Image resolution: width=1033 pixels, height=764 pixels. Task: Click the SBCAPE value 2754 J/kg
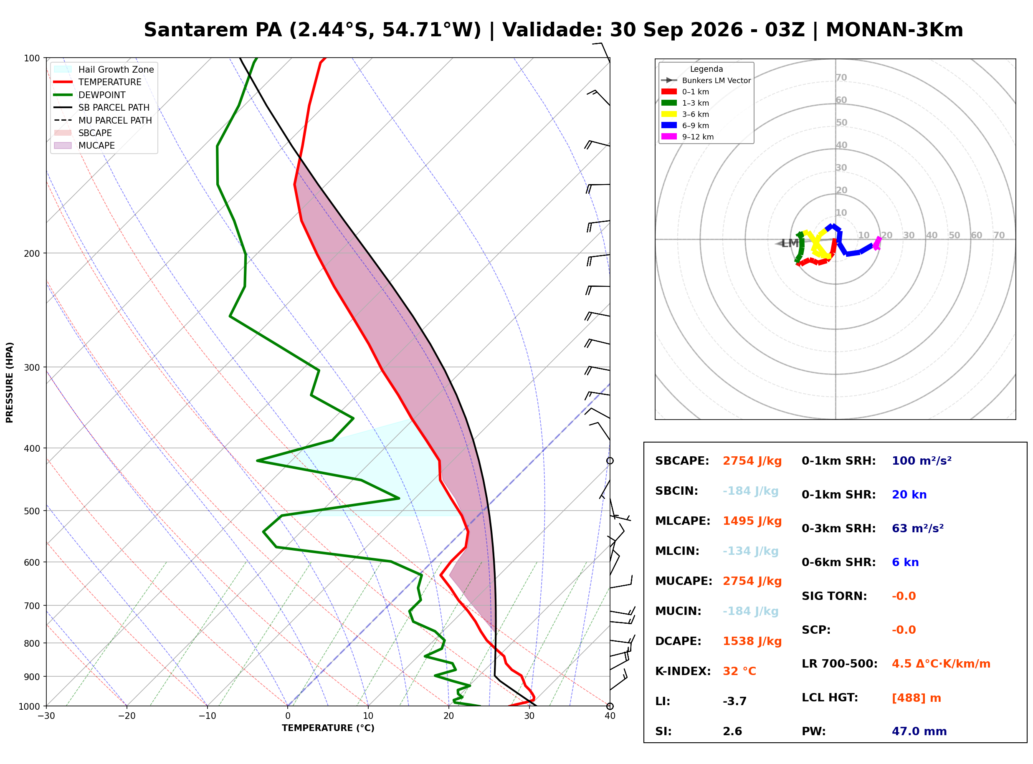pyautogui.click(x=752, y=461)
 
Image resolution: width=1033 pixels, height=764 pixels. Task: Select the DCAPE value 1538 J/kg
pyautogui.click(x=752, y=641)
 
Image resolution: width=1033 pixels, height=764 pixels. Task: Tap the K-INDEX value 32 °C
pyautogui.click(x=739, y=671)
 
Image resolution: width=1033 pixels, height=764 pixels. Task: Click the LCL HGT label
pyautogui.click(x=830, y=698)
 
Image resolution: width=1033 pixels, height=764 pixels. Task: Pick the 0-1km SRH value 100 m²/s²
pyautogui.click(x=921, y=461)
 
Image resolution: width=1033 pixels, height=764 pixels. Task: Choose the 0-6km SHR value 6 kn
pyautogui.click(x=905, y=563)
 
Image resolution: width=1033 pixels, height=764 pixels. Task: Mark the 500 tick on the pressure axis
pyautogui.click(x=32, y=511)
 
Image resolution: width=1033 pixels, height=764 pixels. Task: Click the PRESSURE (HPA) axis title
pyautogui.click(x=10, y=382)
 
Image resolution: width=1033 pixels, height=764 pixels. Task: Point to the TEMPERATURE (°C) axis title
pyautogui.click(x=328, y=729)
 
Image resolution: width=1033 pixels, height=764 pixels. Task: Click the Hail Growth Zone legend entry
pyautogui.click(x=104, y=69)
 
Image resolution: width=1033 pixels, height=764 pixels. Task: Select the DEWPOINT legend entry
pyautogui.click(x=90, y=95)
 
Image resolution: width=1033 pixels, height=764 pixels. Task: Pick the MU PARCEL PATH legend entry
pyautogui.click(x=103, y=120)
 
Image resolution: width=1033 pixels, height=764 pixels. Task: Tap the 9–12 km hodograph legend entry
pyautogui.click(x=688, y=137)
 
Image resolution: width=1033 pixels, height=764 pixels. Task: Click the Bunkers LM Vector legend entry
pyautogui.click(x=706, y=81)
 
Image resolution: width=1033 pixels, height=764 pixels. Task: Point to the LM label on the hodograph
pyautogui.click(x=790, y=244)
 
